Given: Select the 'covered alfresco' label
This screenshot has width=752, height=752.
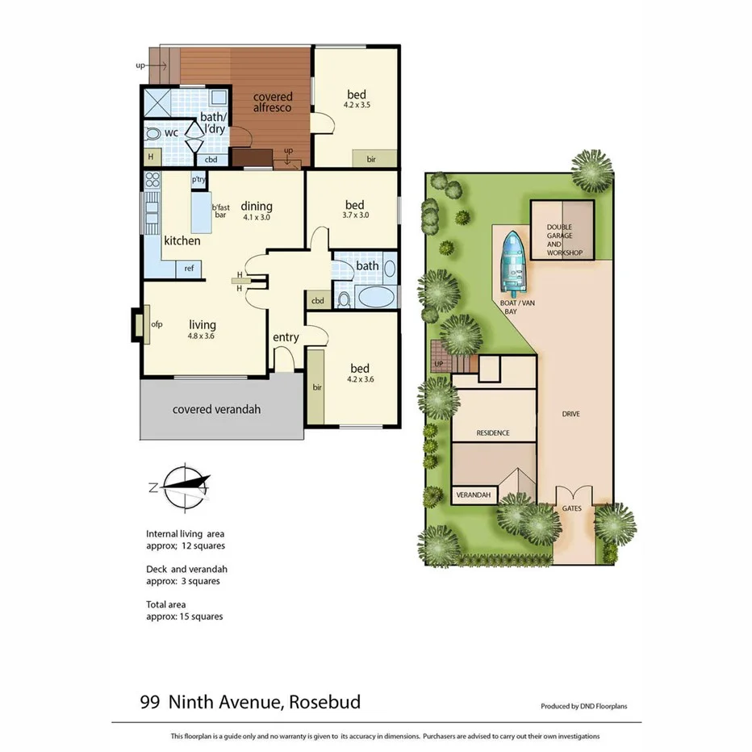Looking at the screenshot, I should (272, 102).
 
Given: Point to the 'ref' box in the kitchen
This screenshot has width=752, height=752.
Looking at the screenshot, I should (189, 269).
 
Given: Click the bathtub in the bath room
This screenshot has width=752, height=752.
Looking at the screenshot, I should (376, 298).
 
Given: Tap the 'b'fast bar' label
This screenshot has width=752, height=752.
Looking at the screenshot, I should (220, 211).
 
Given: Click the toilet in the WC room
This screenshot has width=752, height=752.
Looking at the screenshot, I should (153, 133).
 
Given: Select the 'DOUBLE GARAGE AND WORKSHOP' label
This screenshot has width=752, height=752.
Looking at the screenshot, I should (564, 240).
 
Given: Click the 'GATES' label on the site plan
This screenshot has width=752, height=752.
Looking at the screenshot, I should (572, 508).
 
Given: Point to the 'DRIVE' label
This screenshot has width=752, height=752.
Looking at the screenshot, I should (571, 414).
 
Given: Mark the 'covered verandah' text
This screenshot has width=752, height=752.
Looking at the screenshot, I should (217, 409).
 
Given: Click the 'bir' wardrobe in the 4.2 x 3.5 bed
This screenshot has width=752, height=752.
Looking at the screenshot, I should (371, 159).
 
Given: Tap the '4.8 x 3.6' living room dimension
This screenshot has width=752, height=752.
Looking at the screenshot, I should (203, 336).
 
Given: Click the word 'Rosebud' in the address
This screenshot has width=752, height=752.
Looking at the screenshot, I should (323, 702).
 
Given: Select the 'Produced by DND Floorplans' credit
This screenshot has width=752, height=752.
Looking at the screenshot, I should (584, 706).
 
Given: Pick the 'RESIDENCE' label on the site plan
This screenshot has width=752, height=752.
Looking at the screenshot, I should (493, 432).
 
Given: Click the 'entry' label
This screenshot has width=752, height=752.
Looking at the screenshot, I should (286, 337).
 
